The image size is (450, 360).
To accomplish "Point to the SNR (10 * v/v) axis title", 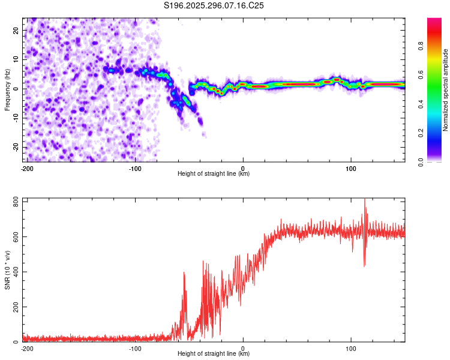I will click(7, 270).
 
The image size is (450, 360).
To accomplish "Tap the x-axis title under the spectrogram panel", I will click(214, 173).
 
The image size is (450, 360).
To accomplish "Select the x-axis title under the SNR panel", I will click(214, 353).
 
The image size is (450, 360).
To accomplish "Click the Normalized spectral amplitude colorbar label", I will click(446, 90).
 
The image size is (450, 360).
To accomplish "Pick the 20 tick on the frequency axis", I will click(17, 31).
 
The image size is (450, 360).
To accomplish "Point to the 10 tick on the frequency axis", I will click(17, 60).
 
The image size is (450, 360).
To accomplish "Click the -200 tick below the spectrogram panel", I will click(27, 167).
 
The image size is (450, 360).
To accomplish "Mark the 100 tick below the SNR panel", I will click(351, 347).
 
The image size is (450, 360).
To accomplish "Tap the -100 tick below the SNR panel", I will click(135, 347).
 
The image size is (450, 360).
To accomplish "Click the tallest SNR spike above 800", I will click(365, 200).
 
